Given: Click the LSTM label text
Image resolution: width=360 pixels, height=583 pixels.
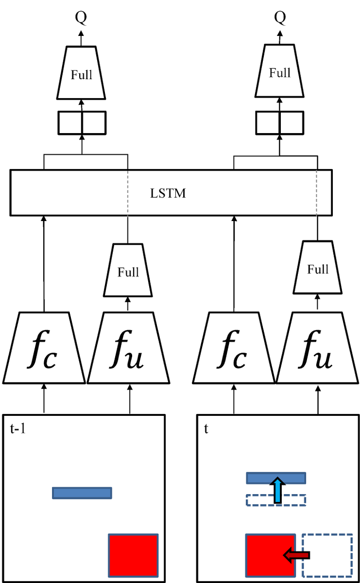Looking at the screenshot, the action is tap(168, 193).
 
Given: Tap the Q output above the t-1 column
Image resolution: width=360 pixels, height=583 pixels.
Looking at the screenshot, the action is tap(81, 17).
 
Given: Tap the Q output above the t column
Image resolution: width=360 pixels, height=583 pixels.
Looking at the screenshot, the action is tap(280, 17).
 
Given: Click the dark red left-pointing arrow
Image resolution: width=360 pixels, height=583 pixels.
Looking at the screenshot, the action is tap(296, 555).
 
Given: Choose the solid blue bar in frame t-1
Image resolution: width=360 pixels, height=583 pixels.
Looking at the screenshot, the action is tap(82, 493).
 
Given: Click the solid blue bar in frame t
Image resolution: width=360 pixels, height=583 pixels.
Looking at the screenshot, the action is tap(276, 478).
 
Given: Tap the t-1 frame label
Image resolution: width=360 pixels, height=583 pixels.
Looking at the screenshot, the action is tap(17, 429).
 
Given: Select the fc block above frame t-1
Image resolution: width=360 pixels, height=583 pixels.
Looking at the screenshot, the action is tap(44, 348).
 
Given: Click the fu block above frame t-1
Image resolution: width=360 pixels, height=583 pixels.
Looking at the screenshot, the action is tap(128, 348).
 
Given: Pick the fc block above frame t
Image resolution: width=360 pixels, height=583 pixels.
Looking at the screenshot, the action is tap(234, 348).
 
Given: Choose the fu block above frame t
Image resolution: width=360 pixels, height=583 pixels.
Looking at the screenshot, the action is tap(317, 348).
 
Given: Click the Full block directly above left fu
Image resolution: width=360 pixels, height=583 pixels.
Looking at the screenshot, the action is tap(128, 270).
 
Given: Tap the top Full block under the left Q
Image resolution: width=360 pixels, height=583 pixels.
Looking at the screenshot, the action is tap(81, 73).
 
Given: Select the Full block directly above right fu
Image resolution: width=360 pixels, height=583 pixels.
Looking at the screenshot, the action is tap(318, 268).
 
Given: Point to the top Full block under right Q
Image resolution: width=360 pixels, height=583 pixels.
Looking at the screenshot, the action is tap(279, 71).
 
